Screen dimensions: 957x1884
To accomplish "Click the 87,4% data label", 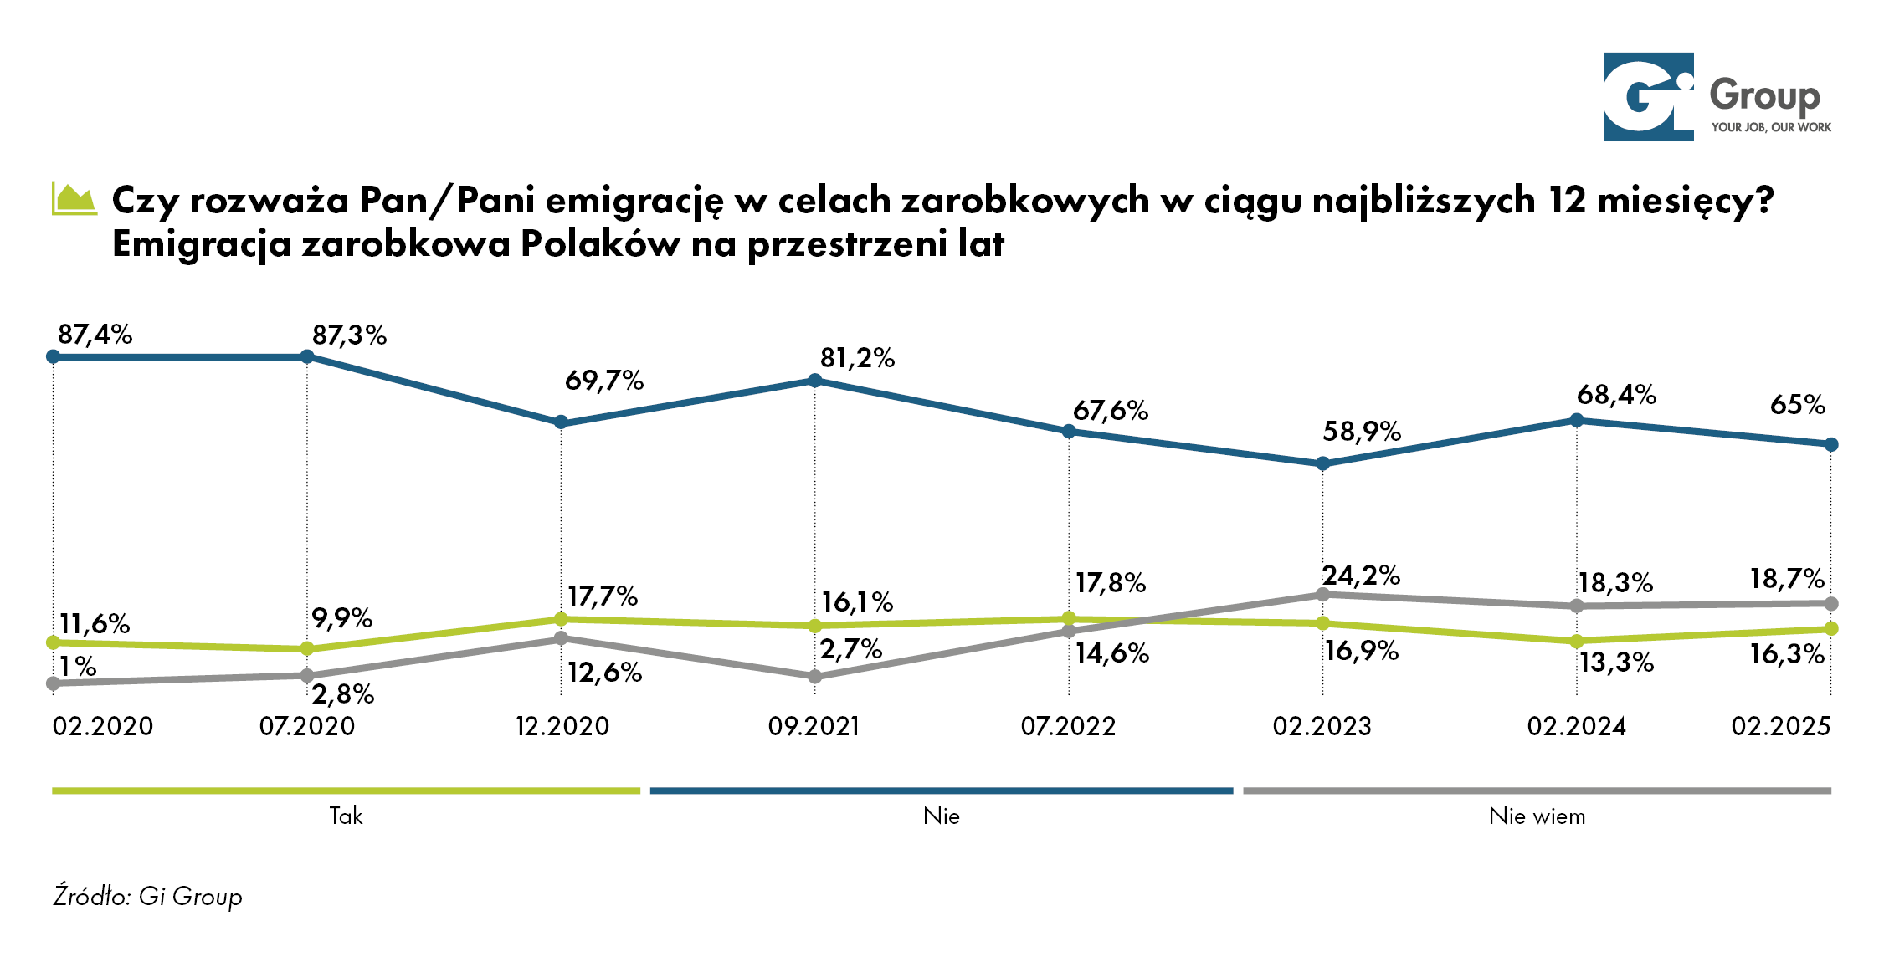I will [95, 335].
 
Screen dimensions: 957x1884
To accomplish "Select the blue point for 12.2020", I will [561, 422].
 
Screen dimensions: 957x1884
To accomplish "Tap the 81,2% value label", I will [857, 358].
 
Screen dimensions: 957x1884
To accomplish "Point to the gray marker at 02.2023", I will [1322, 595].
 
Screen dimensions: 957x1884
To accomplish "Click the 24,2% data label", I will [1361, 576].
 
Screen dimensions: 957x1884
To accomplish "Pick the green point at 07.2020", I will [307, 648].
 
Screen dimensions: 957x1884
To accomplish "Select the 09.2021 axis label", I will [814, 726].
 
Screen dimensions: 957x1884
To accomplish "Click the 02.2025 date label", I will [1781, 726].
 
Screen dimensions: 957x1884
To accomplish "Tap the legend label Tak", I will [346, 816].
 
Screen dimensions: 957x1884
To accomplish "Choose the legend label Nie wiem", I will [1537, 816].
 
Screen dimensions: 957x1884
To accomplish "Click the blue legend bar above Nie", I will [941, 791].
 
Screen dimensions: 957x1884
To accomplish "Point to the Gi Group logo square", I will [1648, 97].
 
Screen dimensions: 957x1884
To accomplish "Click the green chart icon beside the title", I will [74, 199].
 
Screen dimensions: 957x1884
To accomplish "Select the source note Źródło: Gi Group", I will [147, 896].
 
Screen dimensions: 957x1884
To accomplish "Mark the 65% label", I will [1797, 405].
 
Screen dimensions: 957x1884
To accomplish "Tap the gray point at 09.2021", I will [815, 677].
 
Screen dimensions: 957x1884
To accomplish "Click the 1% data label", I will [78, 667].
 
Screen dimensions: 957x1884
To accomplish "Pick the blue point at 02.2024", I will [1577, 420].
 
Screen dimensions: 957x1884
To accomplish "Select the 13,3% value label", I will [1616, 663].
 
